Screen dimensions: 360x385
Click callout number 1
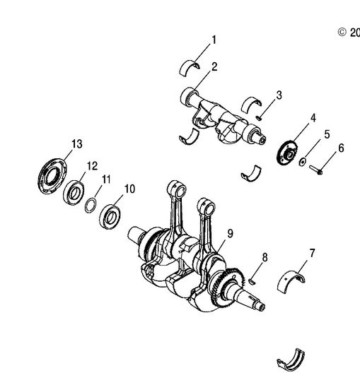click(214, 40)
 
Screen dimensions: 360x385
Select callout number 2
click(214, 67)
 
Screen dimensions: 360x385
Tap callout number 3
click(279, 95)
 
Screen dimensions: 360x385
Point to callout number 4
click(313, 117)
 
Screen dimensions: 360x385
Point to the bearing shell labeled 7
click(294, 280)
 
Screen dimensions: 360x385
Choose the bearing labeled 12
click(73, 191)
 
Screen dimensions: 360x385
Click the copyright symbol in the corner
click(342, 32)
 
